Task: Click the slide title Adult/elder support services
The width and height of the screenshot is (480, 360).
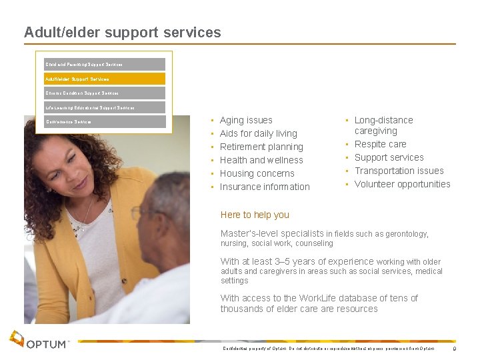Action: tap(122, 32)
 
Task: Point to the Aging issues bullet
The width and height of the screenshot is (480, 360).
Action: tap(246, 120)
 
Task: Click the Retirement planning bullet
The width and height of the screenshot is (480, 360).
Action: tap(261, 147)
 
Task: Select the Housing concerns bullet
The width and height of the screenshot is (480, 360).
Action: tap(257, 173)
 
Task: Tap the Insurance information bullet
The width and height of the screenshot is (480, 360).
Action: tap(265, 187)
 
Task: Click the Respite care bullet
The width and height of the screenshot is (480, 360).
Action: tap(380, 144)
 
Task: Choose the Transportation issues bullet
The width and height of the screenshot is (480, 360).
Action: tap(399, 171)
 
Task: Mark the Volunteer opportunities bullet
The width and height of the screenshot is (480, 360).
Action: tap(402, 184)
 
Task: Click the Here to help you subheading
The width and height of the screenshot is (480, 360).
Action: tap(255, 215)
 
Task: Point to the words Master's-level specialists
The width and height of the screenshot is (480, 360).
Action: tap(272, 234)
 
